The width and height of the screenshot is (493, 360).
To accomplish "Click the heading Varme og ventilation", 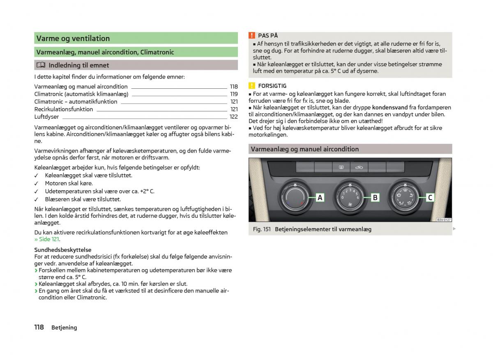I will coord(73,39).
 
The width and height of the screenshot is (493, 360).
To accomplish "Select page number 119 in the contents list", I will coord(234,94).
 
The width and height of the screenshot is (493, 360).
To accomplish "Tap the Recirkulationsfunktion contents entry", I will coord(64,109).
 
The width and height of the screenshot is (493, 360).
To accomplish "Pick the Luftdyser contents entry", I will coord(46,117).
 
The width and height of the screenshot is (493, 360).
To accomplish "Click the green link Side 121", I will coord(47,239).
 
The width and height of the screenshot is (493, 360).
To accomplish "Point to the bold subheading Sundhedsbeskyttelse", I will coord(63,250).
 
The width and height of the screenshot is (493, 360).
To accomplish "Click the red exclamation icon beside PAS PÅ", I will coord(252,36).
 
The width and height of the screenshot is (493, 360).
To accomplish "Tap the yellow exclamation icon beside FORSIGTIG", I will coord(252,86).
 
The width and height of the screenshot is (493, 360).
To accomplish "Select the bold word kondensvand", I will coord(389,108).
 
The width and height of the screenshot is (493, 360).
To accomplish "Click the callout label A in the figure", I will coord(320,198).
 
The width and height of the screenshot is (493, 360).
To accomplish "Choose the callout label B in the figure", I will coord(375,198).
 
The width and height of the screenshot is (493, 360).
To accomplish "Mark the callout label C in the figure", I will coord(430,198).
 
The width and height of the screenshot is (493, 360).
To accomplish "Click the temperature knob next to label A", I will coord(295,197).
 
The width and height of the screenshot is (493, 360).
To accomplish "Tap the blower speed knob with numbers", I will coord(350,197).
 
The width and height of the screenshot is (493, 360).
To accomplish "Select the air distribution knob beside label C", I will coord(404,197).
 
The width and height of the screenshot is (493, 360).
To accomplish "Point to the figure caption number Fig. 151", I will coord(261,229).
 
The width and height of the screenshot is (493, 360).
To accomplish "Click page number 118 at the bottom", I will coord(39,327).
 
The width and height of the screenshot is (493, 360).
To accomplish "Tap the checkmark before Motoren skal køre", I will coord(36,184).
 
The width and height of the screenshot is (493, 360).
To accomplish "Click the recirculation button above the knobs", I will coord(359,167).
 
